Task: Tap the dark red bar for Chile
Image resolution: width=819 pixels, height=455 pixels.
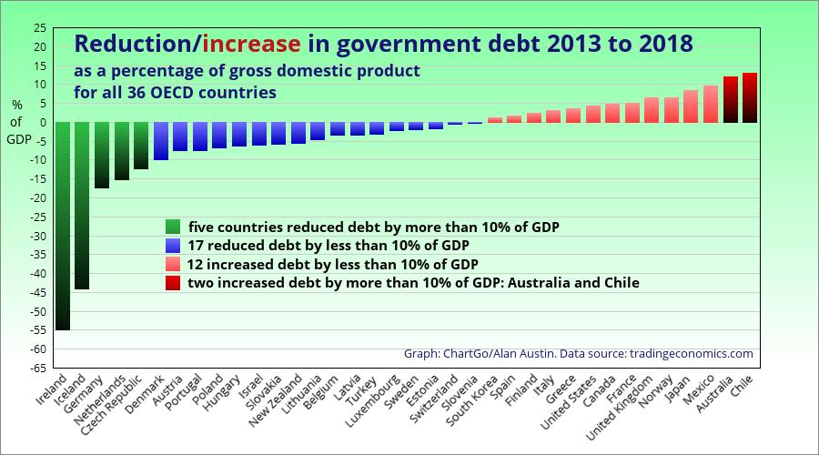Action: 750,97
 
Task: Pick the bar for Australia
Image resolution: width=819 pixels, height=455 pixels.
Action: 731,99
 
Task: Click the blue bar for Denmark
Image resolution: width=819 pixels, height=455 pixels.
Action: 160,140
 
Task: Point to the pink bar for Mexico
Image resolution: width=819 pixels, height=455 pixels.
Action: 711,104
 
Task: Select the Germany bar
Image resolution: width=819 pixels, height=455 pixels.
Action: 102,155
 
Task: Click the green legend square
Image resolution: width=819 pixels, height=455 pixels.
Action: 173,226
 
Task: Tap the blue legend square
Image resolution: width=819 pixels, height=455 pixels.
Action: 173,245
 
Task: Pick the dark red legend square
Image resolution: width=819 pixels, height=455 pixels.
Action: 173,283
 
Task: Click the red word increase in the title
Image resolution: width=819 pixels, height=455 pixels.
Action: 251,43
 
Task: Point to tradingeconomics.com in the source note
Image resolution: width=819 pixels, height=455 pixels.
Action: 692,353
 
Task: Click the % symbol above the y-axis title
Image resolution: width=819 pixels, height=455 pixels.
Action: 16,104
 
